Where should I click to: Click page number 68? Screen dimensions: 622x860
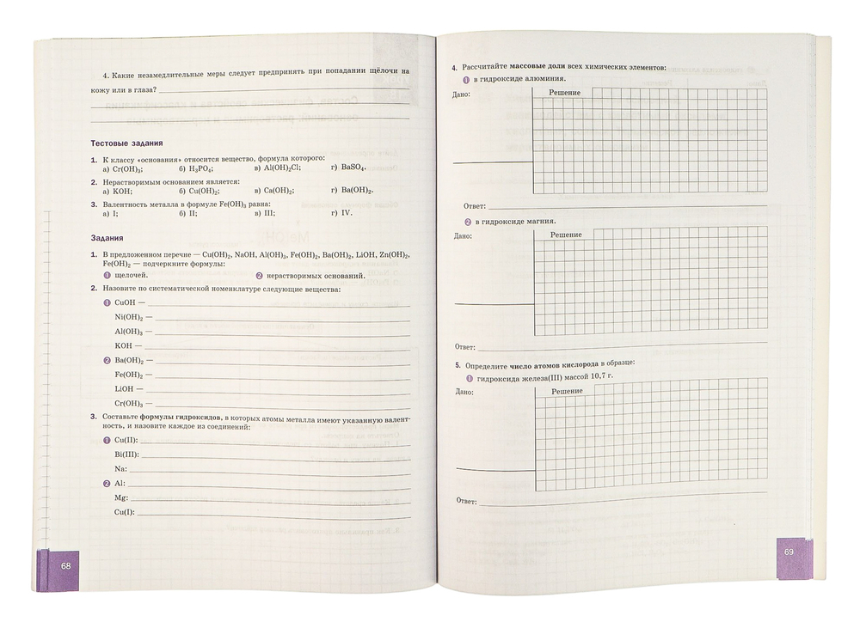click(65, 566)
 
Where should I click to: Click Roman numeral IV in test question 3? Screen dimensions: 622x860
click(347, 213)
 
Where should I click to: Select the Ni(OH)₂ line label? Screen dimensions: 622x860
click(128, 317)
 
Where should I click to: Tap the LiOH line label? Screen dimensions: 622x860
click(125, 389)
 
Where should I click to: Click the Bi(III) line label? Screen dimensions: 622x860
click(127, 454)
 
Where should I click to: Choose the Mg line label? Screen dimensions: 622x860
click(120, 498)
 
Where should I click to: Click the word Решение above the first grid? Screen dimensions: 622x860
click(565, 92)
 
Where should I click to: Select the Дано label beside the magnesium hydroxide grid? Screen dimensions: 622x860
click(463, 235)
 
